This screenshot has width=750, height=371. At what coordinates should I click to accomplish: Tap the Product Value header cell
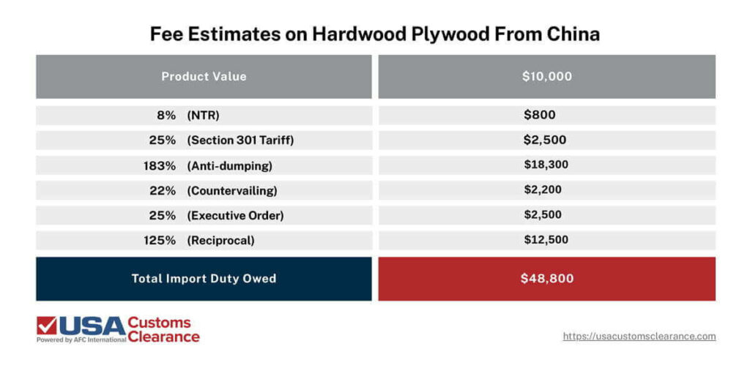[204, 76]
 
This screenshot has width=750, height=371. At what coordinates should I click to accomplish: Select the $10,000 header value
[546, 76]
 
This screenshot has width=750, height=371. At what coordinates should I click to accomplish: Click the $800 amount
[539, 115]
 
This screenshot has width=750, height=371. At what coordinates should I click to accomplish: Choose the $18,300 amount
[546, 165]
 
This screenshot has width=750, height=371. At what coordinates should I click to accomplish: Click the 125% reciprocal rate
[161, 240]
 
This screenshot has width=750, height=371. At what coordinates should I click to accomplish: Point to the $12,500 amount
[546, 239]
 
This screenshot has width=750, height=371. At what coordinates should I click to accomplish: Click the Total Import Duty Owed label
[204, 278]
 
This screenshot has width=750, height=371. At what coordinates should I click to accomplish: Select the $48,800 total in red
[546, 278]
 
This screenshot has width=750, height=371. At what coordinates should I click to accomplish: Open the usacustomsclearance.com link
[639, 337]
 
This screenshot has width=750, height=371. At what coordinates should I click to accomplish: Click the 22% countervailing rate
[163, 190]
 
